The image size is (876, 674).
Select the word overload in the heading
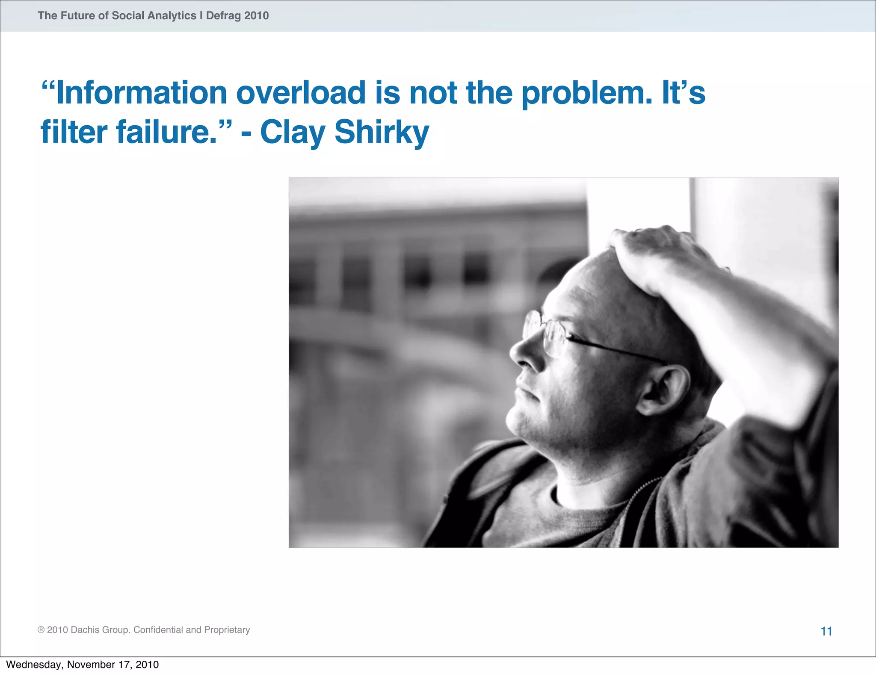pos(301,93)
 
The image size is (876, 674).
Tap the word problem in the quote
pos(587,94)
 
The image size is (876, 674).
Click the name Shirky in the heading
pos(382,133)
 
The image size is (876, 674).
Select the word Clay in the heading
pos(293,133)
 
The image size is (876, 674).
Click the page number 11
pos(826,631)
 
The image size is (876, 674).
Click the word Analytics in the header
pos(172,16)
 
